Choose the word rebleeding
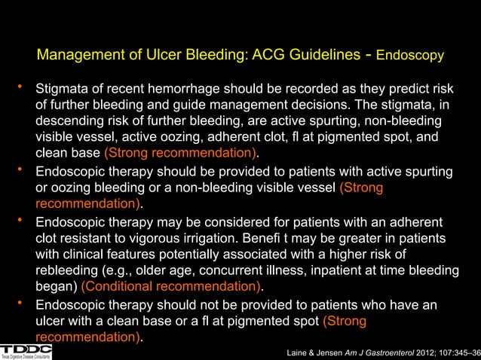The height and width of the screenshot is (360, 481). [72, 271]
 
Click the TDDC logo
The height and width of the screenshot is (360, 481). [26, 350]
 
